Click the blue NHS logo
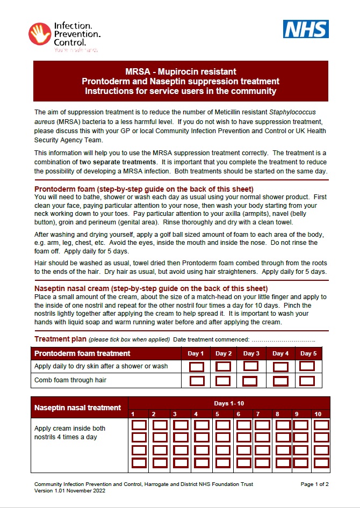click(x=306, y=29)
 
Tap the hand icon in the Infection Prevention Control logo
click(x=39, y=34)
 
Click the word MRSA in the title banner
click(x=136, y=71)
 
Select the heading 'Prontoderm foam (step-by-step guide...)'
click(x=144, y=189)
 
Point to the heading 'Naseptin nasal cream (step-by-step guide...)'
click(x=151, y=288)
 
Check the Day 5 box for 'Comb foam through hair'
click(x=307, y=381)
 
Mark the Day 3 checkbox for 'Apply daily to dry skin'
click(x=251, y=366)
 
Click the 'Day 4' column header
click(x=280, y=354)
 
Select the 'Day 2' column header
click(x=224, y=354)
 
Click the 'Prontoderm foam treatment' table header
click(x=82, y=353)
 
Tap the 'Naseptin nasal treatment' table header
click(x=78, y=408)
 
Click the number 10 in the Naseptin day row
click(x=318, y=414)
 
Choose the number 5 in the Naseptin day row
click(x=217, y=414)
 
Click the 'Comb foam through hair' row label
click(x=70, y=380)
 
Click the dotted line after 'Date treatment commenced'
click(x=283, y=340)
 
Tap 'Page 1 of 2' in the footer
click(x=314, y=484)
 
